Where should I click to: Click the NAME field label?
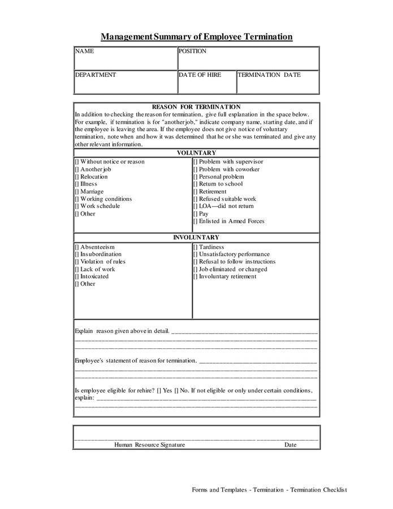[x=84, y=51]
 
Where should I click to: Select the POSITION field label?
[x=193, y=51]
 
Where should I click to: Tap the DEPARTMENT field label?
[x=96, y=75]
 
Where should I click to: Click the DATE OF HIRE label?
[x=200, y=75]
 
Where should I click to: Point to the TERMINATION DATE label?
[x=269, y=75]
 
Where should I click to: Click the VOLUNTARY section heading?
[x=196, y=153]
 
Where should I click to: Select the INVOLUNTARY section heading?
[x=196, y=238]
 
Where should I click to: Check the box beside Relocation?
[x=77, y=177]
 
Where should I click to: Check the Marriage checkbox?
[x=77, y=192]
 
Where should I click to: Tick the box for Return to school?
[x=196, y=184]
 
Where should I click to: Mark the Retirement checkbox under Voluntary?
[x=196, y=192]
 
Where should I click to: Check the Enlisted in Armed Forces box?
[x=196, y=221]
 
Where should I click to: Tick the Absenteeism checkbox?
[x=77, y=247]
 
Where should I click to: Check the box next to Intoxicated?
[x=77, y=277]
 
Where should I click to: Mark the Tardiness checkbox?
[x=196, y=247]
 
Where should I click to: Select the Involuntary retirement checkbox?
[x=196, y=277]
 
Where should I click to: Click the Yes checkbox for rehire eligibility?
[x=159, y=391]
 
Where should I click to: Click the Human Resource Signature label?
[x=149, y=445]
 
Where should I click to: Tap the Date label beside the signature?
[x=290, y=445]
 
